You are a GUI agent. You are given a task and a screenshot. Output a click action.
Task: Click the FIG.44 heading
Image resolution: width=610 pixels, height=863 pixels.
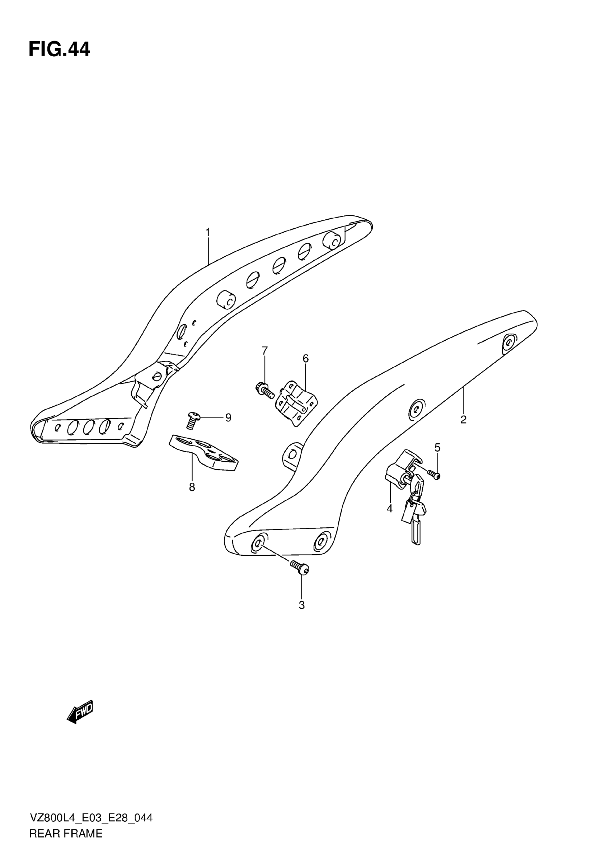click(x=59, y=49)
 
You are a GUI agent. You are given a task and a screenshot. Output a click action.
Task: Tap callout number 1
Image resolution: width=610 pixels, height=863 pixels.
click(x=207, y=232)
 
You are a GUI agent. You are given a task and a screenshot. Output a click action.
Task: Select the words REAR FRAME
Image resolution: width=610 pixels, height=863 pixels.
click(x=66, y=844)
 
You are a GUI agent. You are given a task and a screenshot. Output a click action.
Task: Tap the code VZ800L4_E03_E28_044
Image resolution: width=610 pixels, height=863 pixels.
click(x=91, y=829)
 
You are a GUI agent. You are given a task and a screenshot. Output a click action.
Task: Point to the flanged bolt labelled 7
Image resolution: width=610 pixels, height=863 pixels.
click(x=265, y=390)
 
